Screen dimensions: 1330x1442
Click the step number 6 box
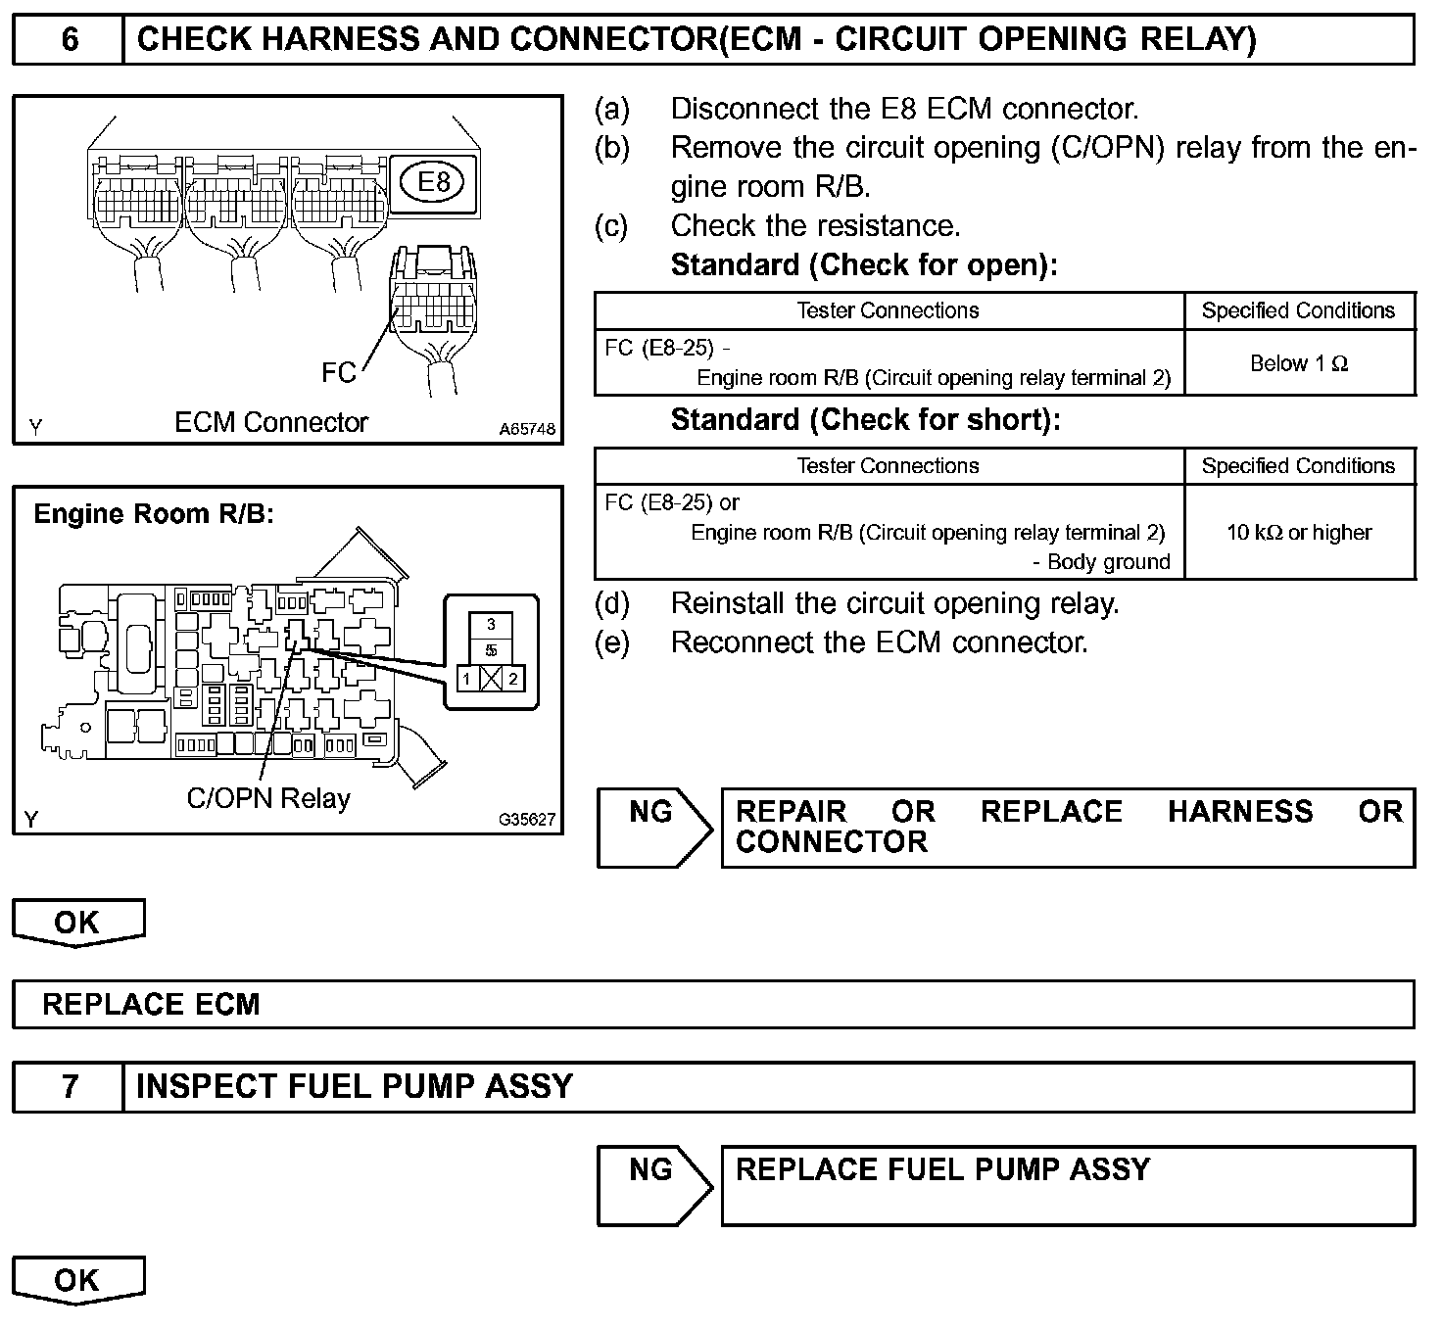pos(69,40)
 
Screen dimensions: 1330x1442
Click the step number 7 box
pos(69,1087)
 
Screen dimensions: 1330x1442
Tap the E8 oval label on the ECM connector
pos(433,181)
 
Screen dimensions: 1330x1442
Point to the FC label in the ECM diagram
pos(339,372)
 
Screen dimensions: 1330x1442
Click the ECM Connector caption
pos(270,422)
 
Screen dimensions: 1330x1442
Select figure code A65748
pos(526,429)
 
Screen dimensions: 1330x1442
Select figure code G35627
pos(526,820)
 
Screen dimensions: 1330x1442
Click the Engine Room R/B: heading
pos(154,514)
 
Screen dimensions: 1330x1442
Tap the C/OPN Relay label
pos(268,798)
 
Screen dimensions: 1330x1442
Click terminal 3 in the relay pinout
pos(491,624)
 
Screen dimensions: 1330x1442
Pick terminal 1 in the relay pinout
pos(468,678)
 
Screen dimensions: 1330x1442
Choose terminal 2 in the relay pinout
pos(513,678)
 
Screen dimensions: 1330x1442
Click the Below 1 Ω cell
pos(1299,363)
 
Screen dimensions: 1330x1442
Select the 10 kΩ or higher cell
pos(1299,532)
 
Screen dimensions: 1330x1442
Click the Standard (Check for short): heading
pos(865,420)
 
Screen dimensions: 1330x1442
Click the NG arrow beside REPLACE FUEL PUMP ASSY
pos(654,1185)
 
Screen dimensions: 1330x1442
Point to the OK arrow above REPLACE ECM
pos(77,923)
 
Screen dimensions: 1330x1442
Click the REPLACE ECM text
pos(151,1005)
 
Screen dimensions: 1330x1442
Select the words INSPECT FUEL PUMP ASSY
pos(354,1087)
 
